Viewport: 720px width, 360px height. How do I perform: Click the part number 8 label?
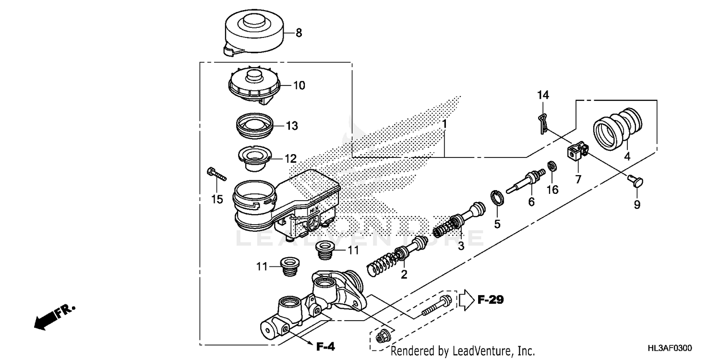pyautogui.click(x=299, y=33)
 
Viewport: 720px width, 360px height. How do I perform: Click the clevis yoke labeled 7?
pyautogui.click(x=577, y=152)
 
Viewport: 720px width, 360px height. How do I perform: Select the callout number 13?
pyautogui.click(x=292, y=126)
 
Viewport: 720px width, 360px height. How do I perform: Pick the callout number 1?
pyautogui.click(x=445, y=124)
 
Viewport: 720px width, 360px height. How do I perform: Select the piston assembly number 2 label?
pyautogui.click(x=404, y=275)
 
